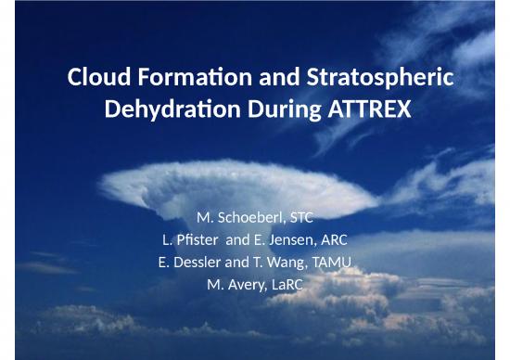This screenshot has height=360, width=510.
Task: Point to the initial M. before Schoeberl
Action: (x=206, y=219)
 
